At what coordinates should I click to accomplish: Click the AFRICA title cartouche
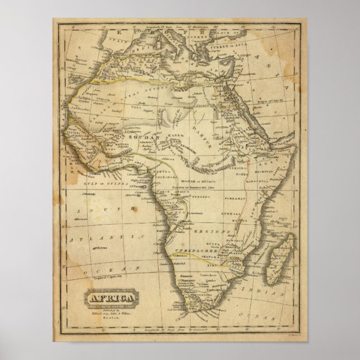(x=110, y=297)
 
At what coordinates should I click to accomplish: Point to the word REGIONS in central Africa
(x=218, y=230)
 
